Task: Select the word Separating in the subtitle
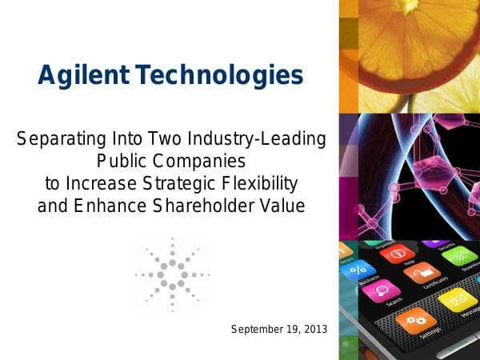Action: click(x=61, y=139)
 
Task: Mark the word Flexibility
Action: click(x=263, y=184)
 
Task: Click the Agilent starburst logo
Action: click(x=172, y=274)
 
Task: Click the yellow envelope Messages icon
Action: click(x=458, y=302)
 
